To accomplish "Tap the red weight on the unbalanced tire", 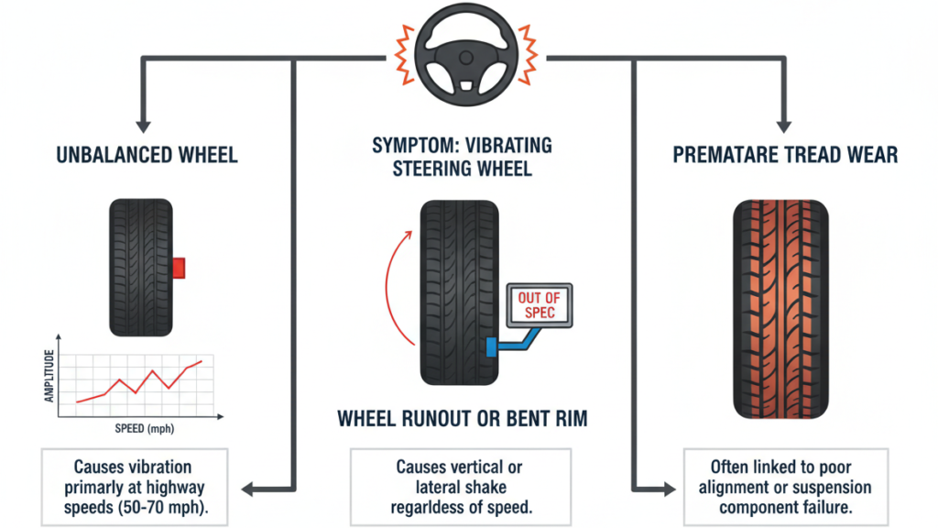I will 179,267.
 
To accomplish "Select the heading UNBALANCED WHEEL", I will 147,154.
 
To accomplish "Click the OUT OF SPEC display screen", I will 537,305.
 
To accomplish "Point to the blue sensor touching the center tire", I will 493,346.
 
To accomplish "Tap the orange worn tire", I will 781,308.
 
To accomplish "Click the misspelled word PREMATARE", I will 725,154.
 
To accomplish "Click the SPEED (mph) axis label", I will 147,428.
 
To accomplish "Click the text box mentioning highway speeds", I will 133,487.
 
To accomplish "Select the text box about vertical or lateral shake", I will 461,487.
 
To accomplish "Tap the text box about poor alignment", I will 785,487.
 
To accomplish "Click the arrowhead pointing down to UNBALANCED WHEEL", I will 142,121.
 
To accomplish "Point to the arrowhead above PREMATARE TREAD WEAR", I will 783,121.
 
